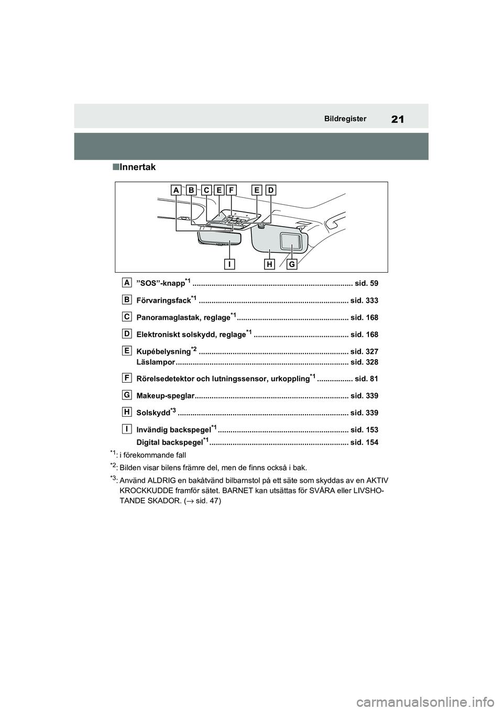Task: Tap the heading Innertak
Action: coord(137,168)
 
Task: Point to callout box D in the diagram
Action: coord(271,190)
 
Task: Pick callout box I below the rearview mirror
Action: coord(229,264)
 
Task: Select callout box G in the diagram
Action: coord(291,264)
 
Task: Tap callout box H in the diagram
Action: coord(269,264)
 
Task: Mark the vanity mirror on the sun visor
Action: coord(289,241)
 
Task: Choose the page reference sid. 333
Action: coord(364,301)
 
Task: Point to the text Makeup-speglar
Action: coord(165,396)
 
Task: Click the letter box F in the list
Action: coord(127,377)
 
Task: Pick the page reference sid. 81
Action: coord(366,379)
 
